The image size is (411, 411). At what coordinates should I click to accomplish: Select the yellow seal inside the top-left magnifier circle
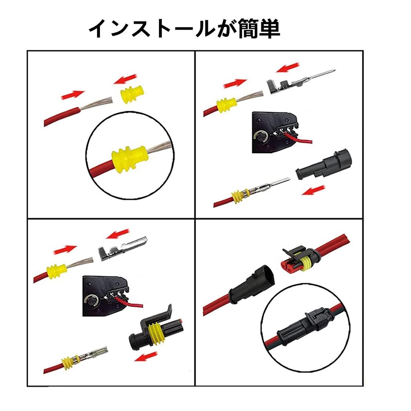tap(129, 159)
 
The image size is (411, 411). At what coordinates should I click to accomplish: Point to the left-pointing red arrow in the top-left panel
tap(125, 79)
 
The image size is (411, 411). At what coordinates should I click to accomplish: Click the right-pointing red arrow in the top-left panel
tap(73, 95)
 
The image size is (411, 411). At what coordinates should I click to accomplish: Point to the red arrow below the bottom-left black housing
tap(146, 356)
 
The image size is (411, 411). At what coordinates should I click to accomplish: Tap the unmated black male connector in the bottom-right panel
tap(252, 286)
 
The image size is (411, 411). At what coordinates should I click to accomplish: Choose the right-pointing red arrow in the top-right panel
tap(235, 83)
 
